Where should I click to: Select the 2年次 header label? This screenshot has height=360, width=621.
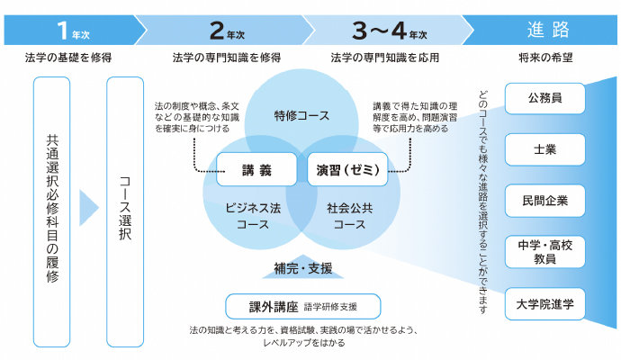226,31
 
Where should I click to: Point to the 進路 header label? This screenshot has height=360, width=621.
547,30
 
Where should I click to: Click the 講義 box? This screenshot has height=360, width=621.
256,168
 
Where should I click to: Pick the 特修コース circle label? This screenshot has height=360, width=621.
301,116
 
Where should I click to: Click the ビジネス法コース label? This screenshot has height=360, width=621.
253,216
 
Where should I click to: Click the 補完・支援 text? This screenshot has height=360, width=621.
302,267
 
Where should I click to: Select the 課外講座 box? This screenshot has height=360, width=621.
302,306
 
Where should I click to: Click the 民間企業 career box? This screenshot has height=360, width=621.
544,200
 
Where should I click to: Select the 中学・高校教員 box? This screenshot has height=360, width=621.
544,251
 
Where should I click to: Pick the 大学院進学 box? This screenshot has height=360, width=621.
544,303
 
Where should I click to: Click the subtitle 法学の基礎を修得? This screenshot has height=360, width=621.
69,58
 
